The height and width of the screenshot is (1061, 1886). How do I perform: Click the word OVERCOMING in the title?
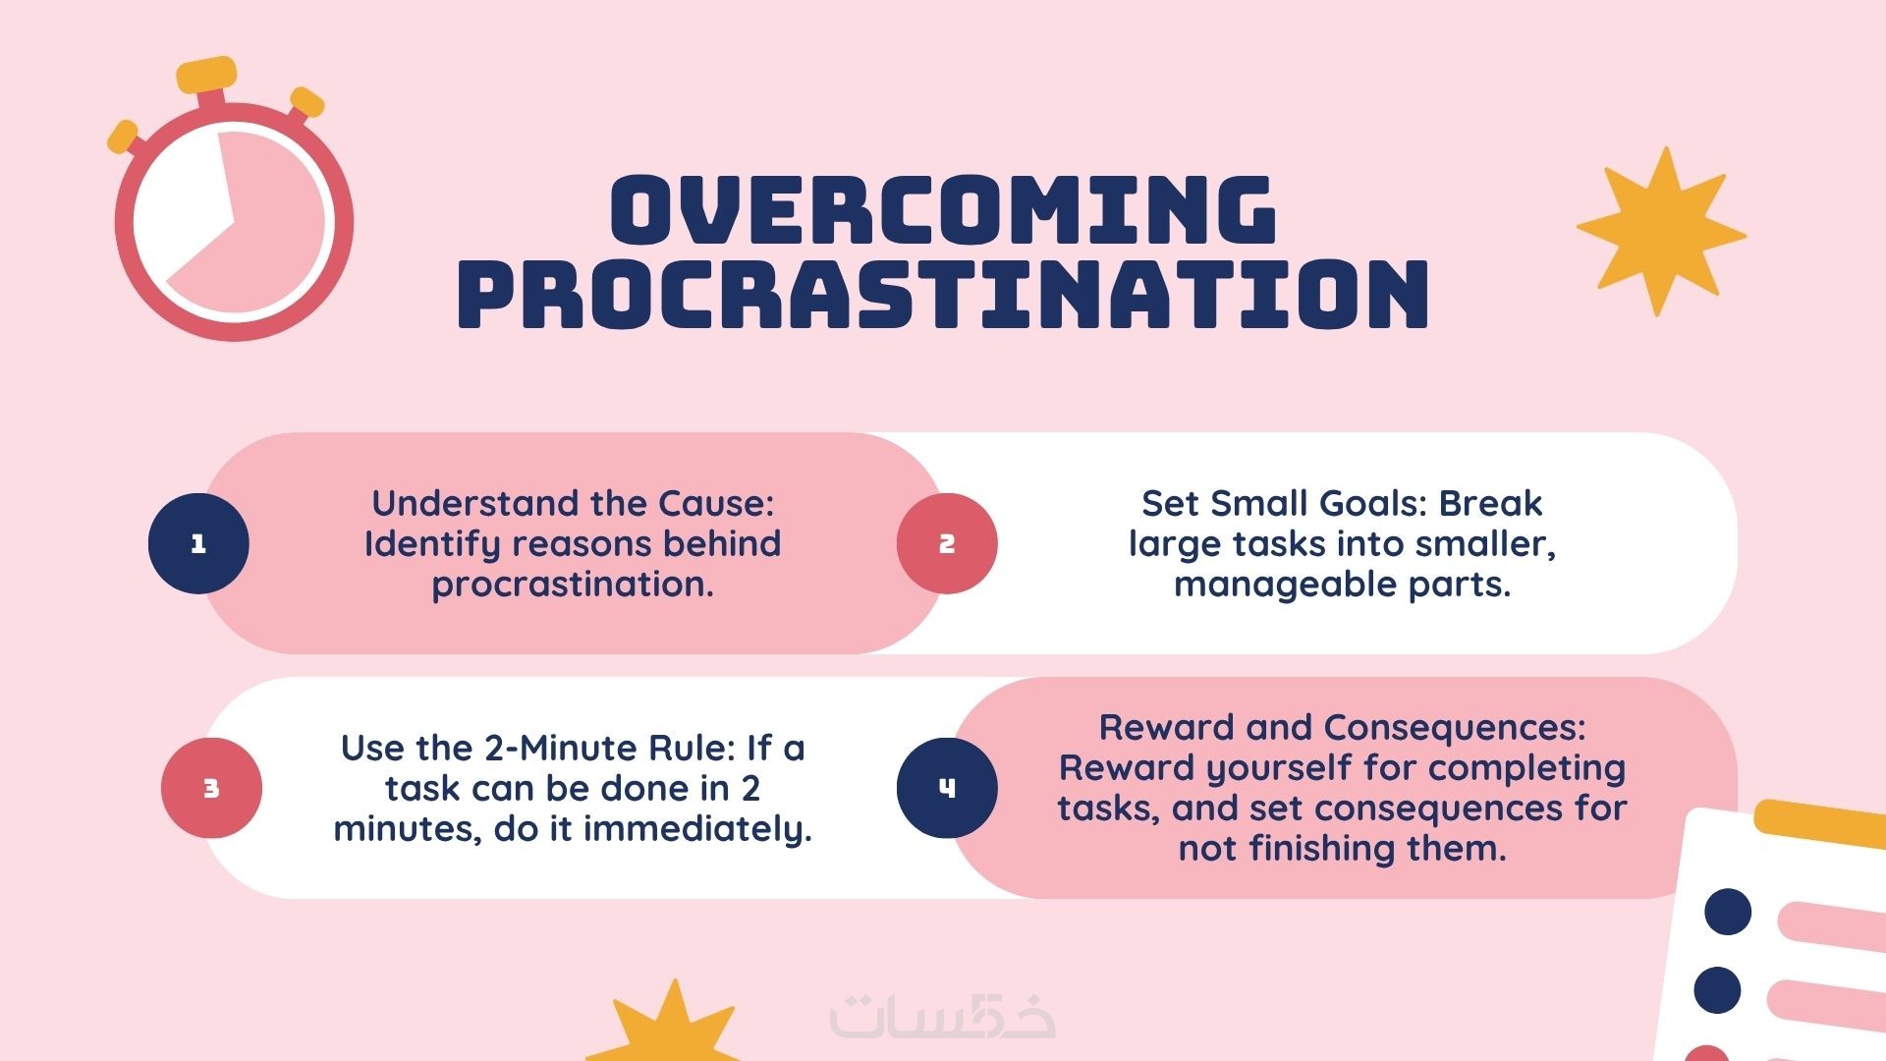coord(943,209)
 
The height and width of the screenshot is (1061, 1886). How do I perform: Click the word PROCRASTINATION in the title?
coord(943,293)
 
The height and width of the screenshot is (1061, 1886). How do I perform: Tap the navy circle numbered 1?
coord(198,543)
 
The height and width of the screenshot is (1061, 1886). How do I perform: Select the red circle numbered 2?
coord(947,543)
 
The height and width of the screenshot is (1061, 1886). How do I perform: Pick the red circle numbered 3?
coord(211,788)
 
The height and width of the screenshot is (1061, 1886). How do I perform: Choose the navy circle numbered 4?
coord(947,788)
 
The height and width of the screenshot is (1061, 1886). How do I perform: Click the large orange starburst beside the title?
coord(1661,232)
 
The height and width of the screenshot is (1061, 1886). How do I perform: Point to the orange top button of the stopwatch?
coord(206,74)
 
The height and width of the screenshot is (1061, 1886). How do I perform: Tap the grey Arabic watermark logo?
coord(943,1016)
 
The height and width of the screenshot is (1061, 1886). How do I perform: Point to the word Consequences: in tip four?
coord(1455,727)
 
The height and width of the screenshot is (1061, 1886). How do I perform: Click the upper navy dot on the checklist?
coord(1728,912)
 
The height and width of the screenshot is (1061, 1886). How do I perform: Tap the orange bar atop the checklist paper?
coord(1819,823)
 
